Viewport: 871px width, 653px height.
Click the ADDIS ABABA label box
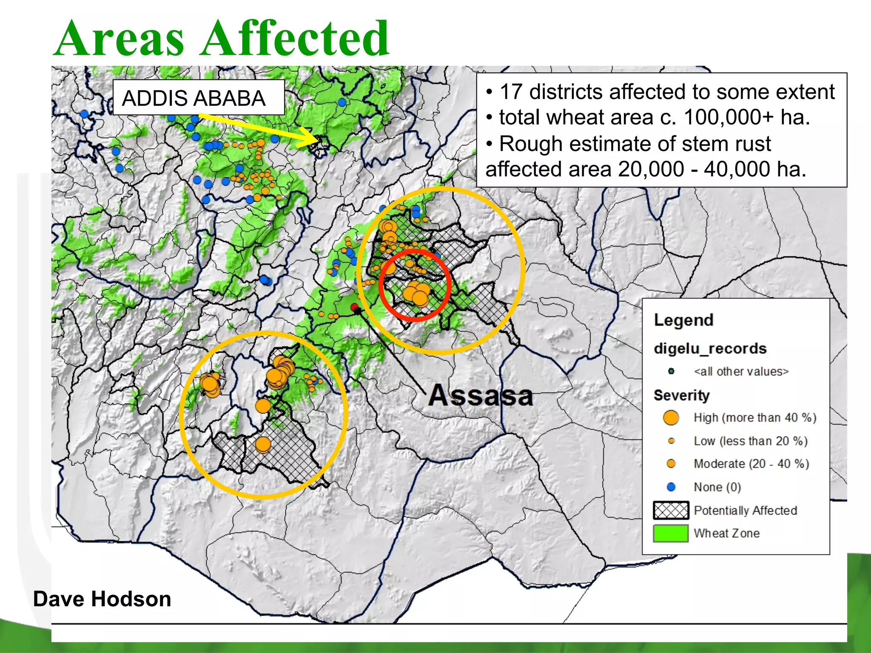198,97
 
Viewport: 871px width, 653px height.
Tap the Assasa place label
481,395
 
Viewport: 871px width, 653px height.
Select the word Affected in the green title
295,39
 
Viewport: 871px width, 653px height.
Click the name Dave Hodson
102,599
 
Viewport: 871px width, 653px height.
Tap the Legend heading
683,320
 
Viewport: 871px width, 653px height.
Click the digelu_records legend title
710,349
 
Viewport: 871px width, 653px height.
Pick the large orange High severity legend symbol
671,417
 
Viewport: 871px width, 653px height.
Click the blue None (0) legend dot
671,487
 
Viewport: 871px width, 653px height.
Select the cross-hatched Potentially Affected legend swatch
671,510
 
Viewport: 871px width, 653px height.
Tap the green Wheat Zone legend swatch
671,533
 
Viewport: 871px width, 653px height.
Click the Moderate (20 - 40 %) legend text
751,463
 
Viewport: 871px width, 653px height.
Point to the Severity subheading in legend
681,395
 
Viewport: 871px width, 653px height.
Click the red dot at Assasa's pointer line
354,307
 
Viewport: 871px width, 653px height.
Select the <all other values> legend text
741,372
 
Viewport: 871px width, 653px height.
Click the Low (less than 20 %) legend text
750,441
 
